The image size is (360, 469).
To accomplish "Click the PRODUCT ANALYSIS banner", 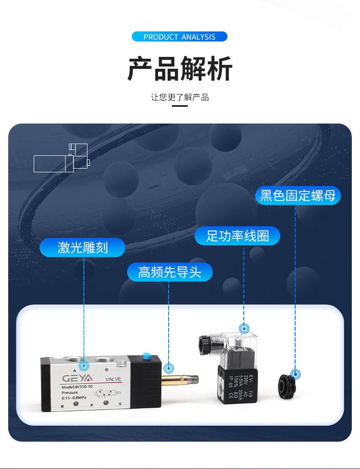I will point(180,37).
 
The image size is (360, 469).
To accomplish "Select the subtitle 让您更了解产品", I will point(180,97).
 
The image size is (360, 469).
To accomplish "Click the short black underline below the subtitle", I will point(180,106).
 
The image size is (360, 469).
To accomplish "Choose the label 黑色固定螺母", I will point(298,196).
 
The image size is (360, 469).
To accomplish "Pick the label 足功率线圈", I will point(237,236).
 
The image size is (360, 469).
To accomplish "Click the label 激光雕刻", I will point(82,247).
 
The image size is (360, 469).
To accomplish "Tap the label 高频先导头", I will point(169,272).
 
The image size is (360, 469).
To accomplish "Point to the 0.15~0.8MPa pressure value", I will point(75,398).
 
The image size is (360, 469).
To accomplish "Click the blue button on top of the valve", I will point(146,356).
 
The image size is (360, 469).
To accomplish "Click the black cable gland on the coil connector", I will point(205,345).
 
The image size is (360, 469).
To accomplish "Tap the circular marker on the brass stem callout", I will point(169,368).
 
